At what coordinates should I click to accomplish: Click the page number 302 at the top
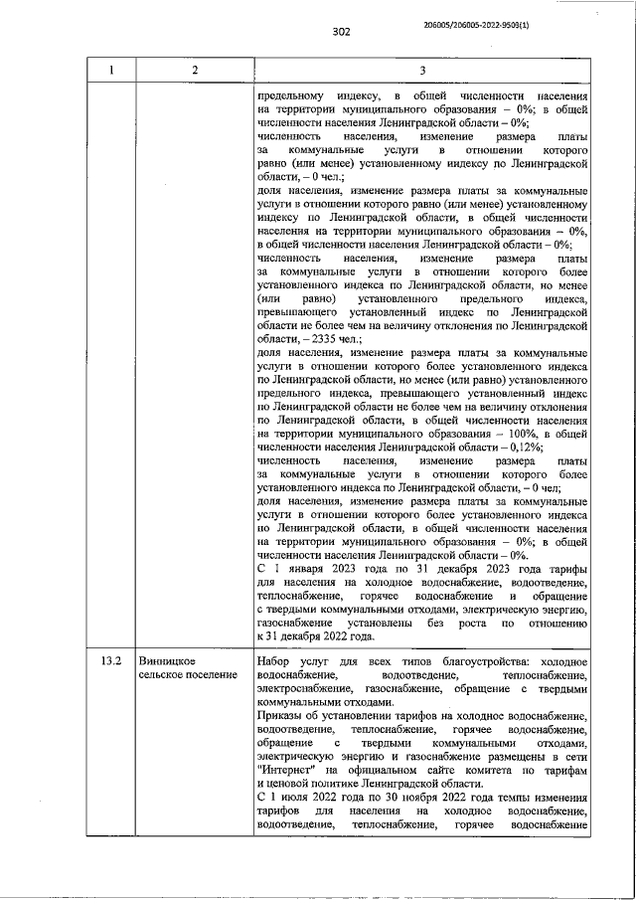pos(342,32)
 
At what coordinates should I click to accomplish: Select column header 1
pos(111,70)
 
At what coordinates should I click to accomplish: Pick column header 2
pos(195,70)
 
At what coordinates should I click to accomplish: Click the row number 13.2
pos(111,661)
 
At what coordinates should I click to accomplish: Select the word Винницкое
pos(167,661)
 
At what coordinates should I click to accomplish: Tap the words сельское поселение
pos(188,675)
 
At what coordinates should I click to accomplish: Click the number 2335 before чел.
pos(322,339)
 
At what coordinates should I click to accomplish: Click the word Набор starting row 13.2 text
pos(274,661)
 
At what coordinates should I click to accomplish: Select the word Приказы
pos(282,715)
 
